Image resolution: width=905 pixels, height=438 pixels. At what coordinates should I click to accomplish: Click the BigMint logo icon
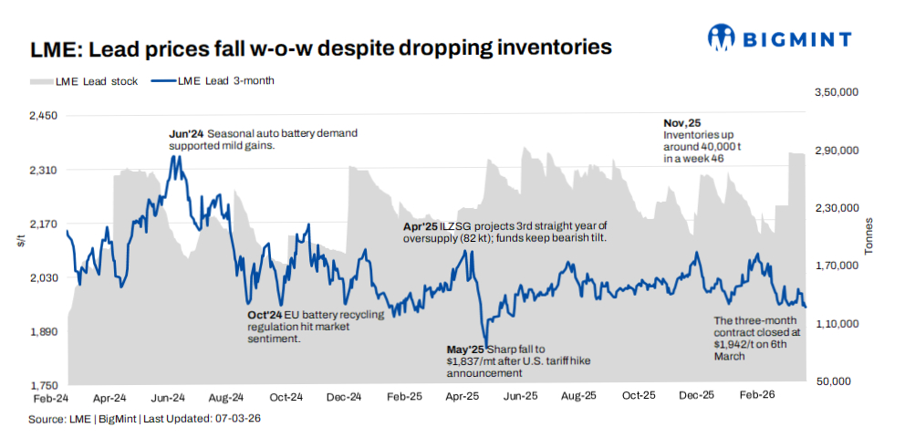coord(723,37)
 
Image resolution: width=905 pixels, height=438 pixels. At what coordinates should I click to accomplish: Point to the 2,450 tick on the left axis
coord(44,116)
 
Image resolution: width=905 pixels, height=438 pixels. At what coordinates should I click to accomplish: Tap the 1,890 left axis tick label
coord(44,332)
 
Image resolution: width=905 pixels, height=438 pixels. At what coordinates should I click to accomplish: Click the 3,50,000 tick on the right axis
coord(835,92)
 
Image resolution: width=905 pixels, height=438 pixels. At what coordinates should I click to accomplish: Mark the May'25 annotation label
coord(465,349)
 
